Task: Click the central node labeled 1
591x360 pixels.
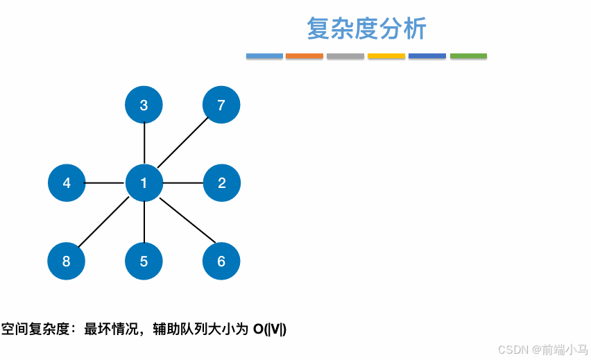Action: click(x=144, y=183)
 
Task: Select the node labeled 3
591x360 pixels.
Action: click(x=144, y=105)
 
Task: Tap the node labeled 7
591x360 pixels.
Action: click(x=221, y=105)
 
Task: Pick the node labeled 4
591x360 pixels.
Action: click(x=67, y=183)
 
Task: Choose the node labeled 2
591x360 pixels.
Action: click(x=221, y=183)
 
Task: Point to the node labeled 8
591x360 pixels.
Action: click(x=67, y=261)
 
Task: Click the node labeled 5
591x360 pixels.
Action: click(x=144, y=261)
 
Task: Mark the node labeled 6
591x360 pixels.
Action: click(x=221, y=261)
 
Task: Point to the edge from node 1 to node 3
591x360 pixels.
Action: click(x=144, y=144)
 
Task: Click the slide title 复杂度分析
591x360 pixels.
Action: click(x=366, y=29)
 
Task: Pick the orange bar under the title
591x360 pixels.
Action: click(x=305, y=55)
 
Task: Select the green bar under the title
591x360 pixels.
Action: click(x=468, y=55)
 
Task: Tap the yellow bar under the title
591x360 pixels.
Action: click(x=386, y=55)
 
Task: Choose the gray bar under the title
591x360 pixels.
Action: click(x=345, y=55)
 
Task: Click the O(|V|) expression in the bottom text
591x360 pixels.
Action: click(x=270, y=329)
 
